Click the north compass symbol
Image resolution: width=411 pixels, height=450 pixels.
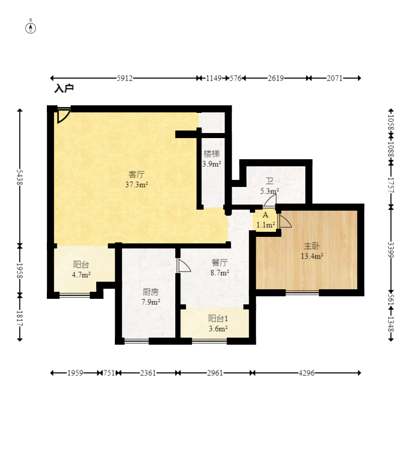click(x=31, y=28)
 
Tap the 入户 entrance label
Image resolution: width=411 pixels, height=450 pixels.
click(x=64, y=88)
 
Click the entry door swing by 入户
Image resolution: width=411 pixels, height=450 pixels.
click(x=63, y=116)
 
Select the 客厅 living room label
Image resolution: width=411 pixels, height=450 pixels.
click(x=136, y=174)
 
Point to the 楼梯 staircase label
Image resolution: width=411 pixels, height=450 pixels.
click(x=212, y=154)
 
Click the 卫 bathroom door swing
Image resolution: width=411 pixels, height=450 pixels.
click(x=270, y=200)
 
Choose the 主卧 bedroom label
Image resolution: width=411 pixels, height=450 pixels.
click(x=312, y=246)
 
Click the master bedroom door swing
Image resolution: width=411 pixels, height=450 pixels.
click(x=285, y=221)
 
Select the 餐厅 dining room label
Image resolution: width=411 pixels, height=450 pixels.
click(x=220, y=263)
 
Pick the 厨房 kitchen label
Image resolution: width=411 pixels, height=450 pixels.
click(x=151, y=292)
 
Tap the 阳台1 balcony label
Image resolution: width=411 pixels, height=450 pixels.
click(x=218, y=318)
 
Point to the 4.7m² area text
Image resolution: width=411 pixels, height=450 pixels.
click(x=81, y=275)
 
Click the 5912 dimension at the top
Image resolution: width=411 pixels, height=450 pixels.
click(x=124, y=78)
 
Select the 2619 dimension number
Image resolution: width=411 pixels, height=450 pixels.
click(x=276, y=78)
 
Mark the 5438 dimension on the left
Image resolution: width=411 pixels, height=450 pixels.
click(x=20, y=177)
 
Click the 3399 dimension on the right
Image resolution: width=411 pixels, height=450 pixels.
click(x=391, y=250)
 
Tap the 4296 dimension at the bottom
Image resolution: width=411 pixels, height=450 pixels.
click(x=306, y=373)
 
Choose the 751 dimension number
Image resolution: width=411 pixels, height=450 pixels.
click(x=109, y=373)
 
